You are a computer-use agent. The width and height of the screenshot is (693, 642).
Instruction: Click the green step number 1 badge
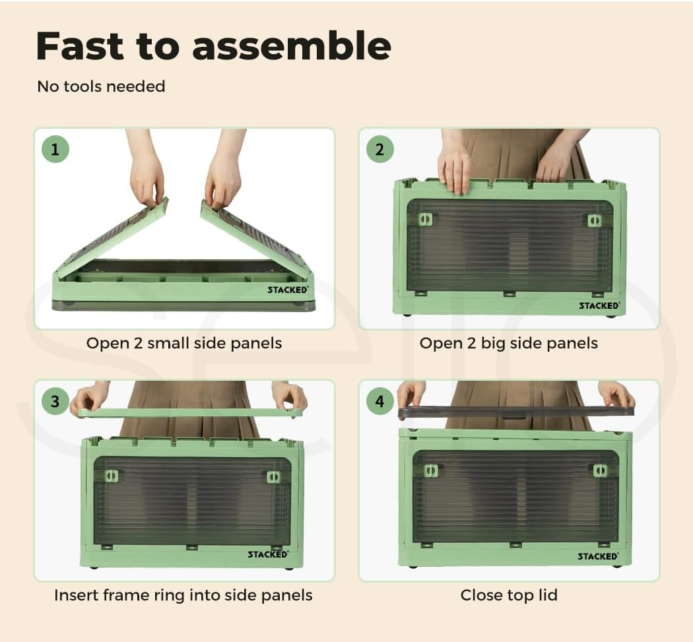[x=55, y=149]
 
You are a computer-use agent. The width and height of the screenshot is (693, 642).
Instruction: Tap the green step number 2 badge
[x=379, y=149]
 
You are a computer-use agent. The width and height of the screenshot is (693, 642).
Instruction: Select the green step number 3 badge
[x=55, y=401]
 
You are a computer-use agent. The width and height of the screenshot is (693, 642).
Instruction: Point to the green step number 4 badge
[x=379, y=401]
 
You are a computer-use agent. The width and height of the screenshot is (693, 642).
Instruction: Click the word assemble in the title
[x=292, y=46]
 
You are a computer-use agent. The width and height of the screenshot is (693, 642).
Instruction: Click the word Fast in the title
[x=80, y=46]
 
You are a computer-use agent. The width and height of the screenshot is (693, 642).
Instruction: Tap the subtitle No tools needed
[x=101, y=86]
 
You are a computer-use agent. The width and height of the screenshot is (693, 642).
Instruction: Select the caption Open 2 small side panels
[x=184, y=343]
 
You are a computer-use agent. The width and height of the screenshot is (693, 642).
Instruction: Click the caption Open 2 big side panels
[x=509, y=343]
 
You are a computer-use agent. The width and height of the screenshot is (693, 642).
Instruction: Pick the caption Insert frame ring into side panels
[x=183, y=595]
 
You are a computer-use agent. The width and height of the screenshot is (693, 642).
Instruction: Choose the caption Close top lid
[x=509, y=595]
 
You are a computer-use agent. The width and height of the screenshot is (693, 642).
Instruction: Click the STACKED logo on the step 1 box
[x=288, y=290]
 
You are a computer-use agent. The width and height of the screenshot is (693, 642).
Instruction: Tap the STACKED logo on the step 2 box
[x=599, y=305]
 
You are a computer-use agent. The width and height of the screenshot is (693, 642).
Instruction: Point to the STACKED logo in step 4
[x=598, y=556]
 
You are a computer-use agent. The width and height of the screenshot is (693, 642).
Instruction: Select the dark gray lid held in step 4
[x=515, y=411]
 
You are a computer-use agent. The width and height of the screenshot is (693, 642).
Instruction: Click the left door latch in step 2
[x=425, y=219]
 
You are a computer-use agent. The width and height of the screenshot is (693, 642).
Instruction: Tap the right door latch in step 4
[x=600, y=470]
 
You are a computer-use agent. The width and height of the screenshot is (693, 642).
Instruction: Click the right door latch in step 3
[x=274, y=477]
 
